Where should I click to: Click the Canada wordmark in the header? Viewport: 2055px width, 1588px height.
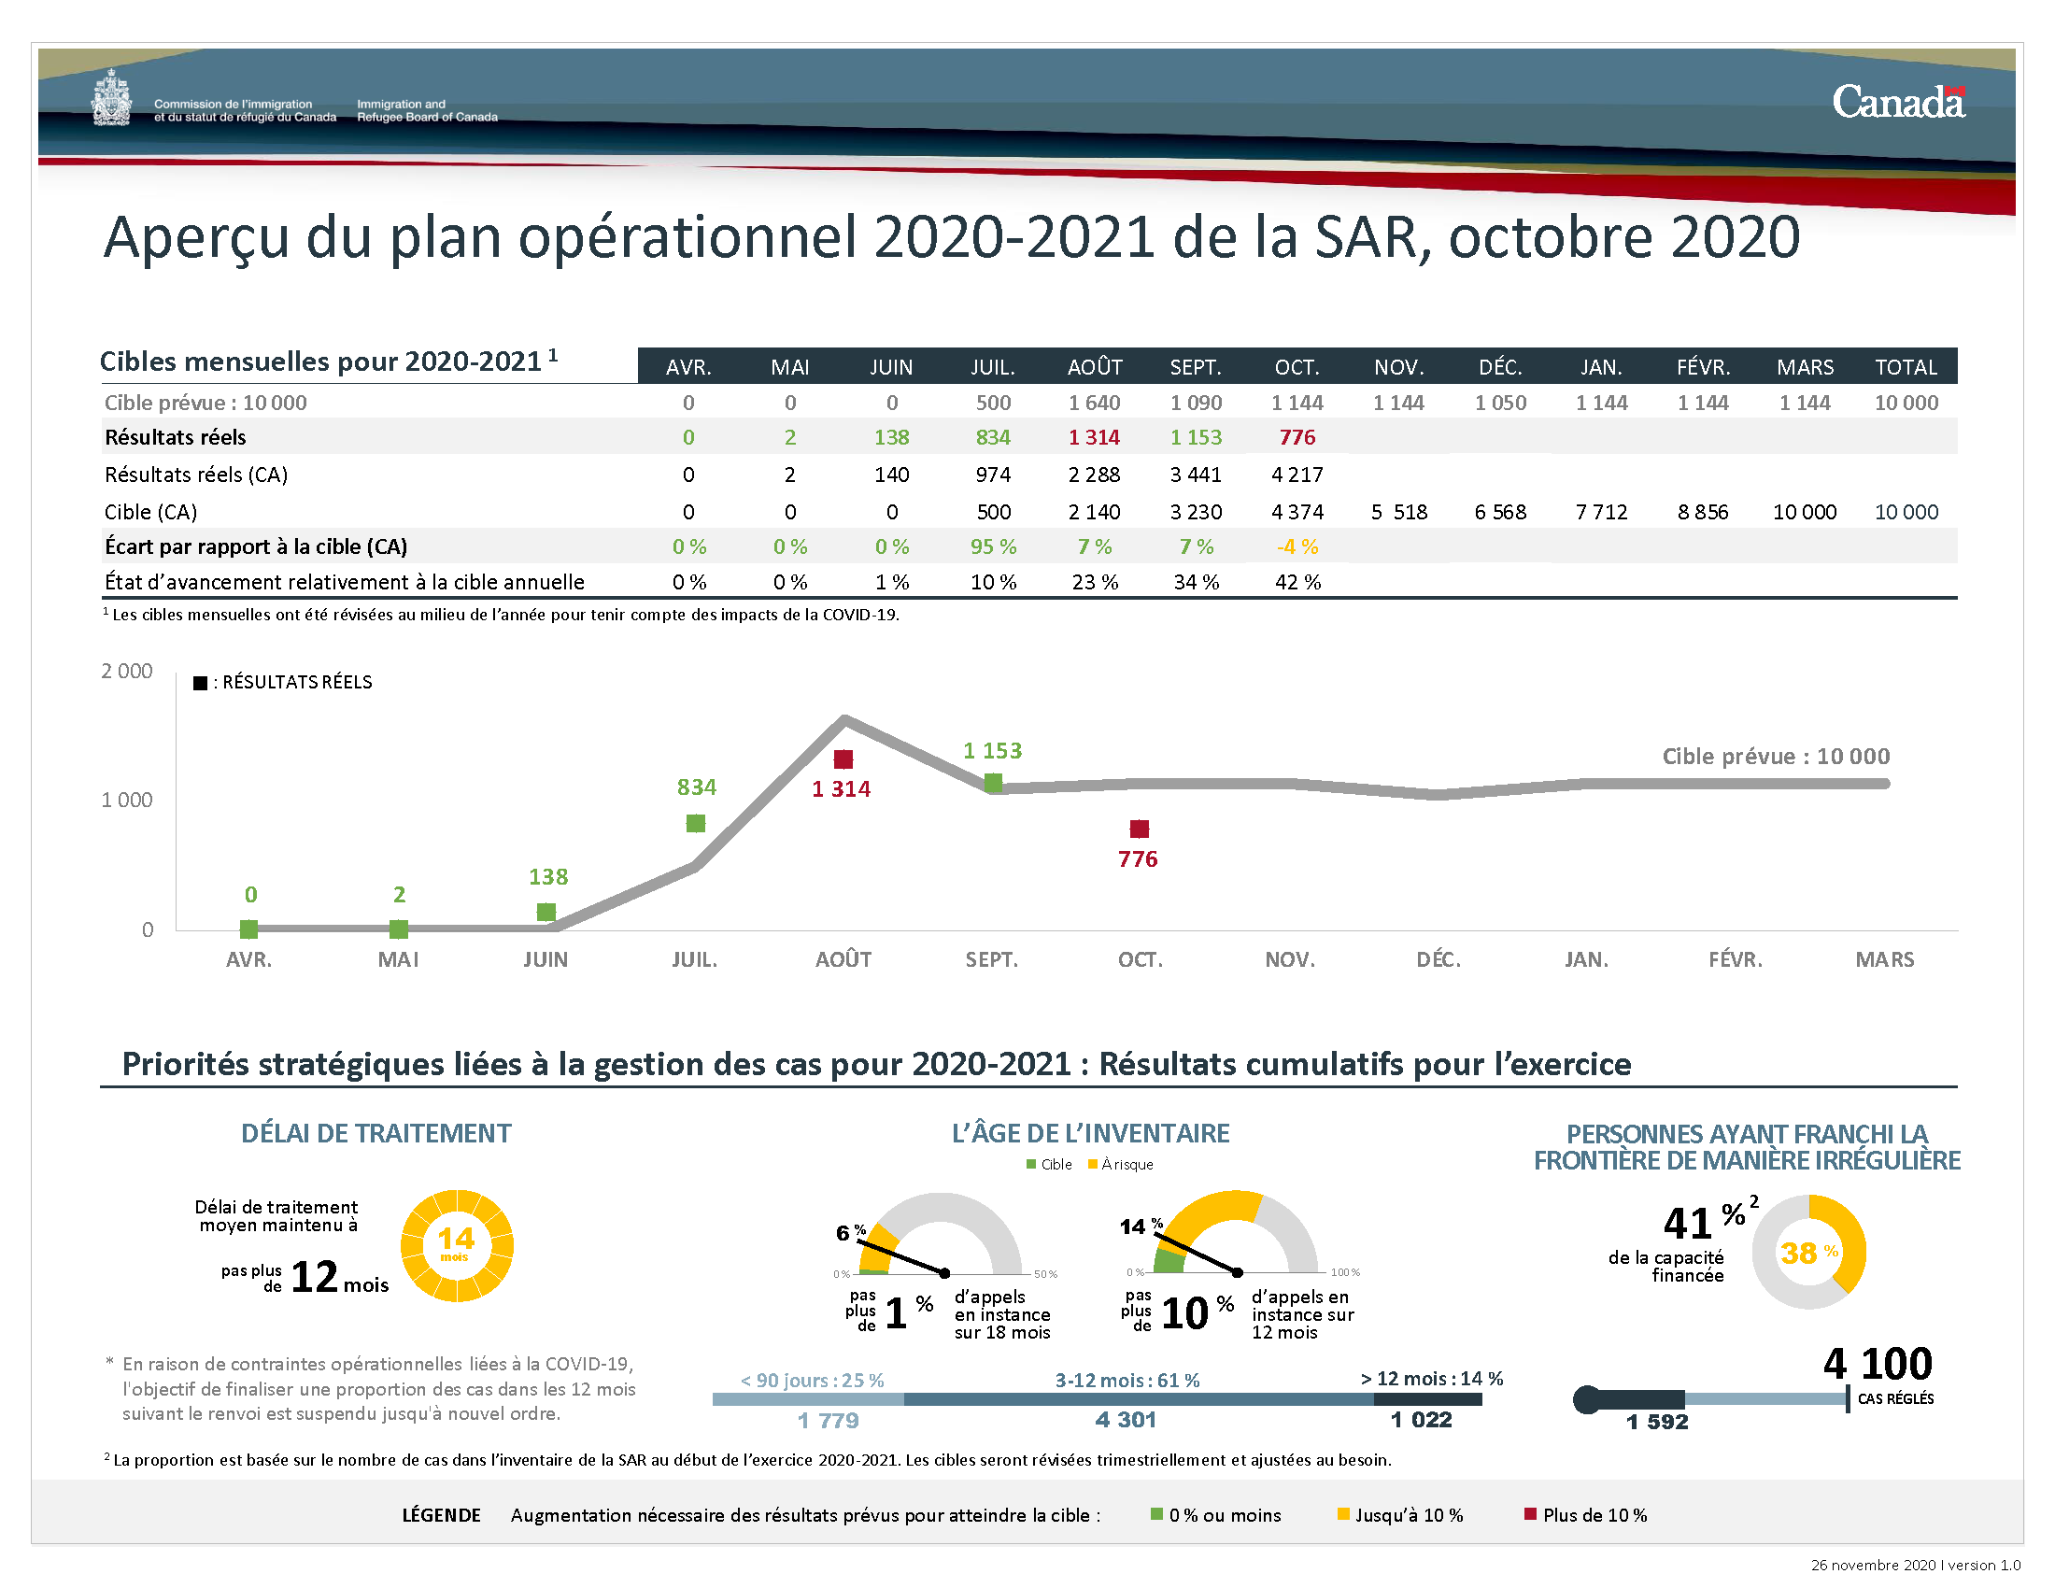1898,102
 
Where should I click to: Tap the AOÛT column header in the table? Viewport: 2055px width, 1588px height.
1095,367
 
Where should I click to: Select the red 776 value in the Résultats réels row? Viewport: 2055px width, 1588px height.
1297,437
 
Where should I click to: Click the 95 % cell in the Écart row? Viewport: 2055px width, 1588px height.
993,546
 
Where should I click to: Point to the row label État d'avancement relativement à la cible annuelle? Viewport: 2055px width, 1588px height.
345,582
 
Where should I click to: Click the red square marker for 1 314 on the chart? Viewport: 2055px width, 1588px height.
843,759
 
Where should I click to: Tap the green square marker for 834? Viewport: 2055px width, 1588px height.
695,823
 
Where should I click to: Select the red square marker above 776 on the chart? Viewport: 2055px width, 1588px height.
1140,829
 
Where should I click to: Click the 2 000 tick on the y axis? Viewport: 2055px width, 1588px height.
127,671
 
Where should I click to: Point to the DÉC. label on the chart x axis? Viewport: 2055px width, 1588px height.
1438,959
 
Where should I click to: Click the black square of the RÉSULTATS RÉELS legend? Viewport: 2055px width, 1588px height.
200,683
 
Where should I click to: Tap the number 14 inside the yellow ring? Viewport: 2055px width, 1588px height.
457,1239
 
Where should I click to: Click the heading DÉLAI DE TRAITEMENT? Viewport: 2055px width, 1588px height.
376,1133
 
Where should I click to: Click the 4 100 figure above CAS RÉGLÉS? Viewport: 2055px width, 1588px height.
1878,1363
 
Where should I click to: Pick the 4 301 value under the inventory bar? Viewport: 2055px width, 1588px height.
1126,1420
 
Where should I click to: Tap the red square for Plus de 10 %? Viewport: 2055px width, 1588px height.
1530,1513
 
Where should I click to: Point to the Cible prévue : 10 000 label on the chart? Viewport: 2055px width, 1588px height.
1776,757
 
